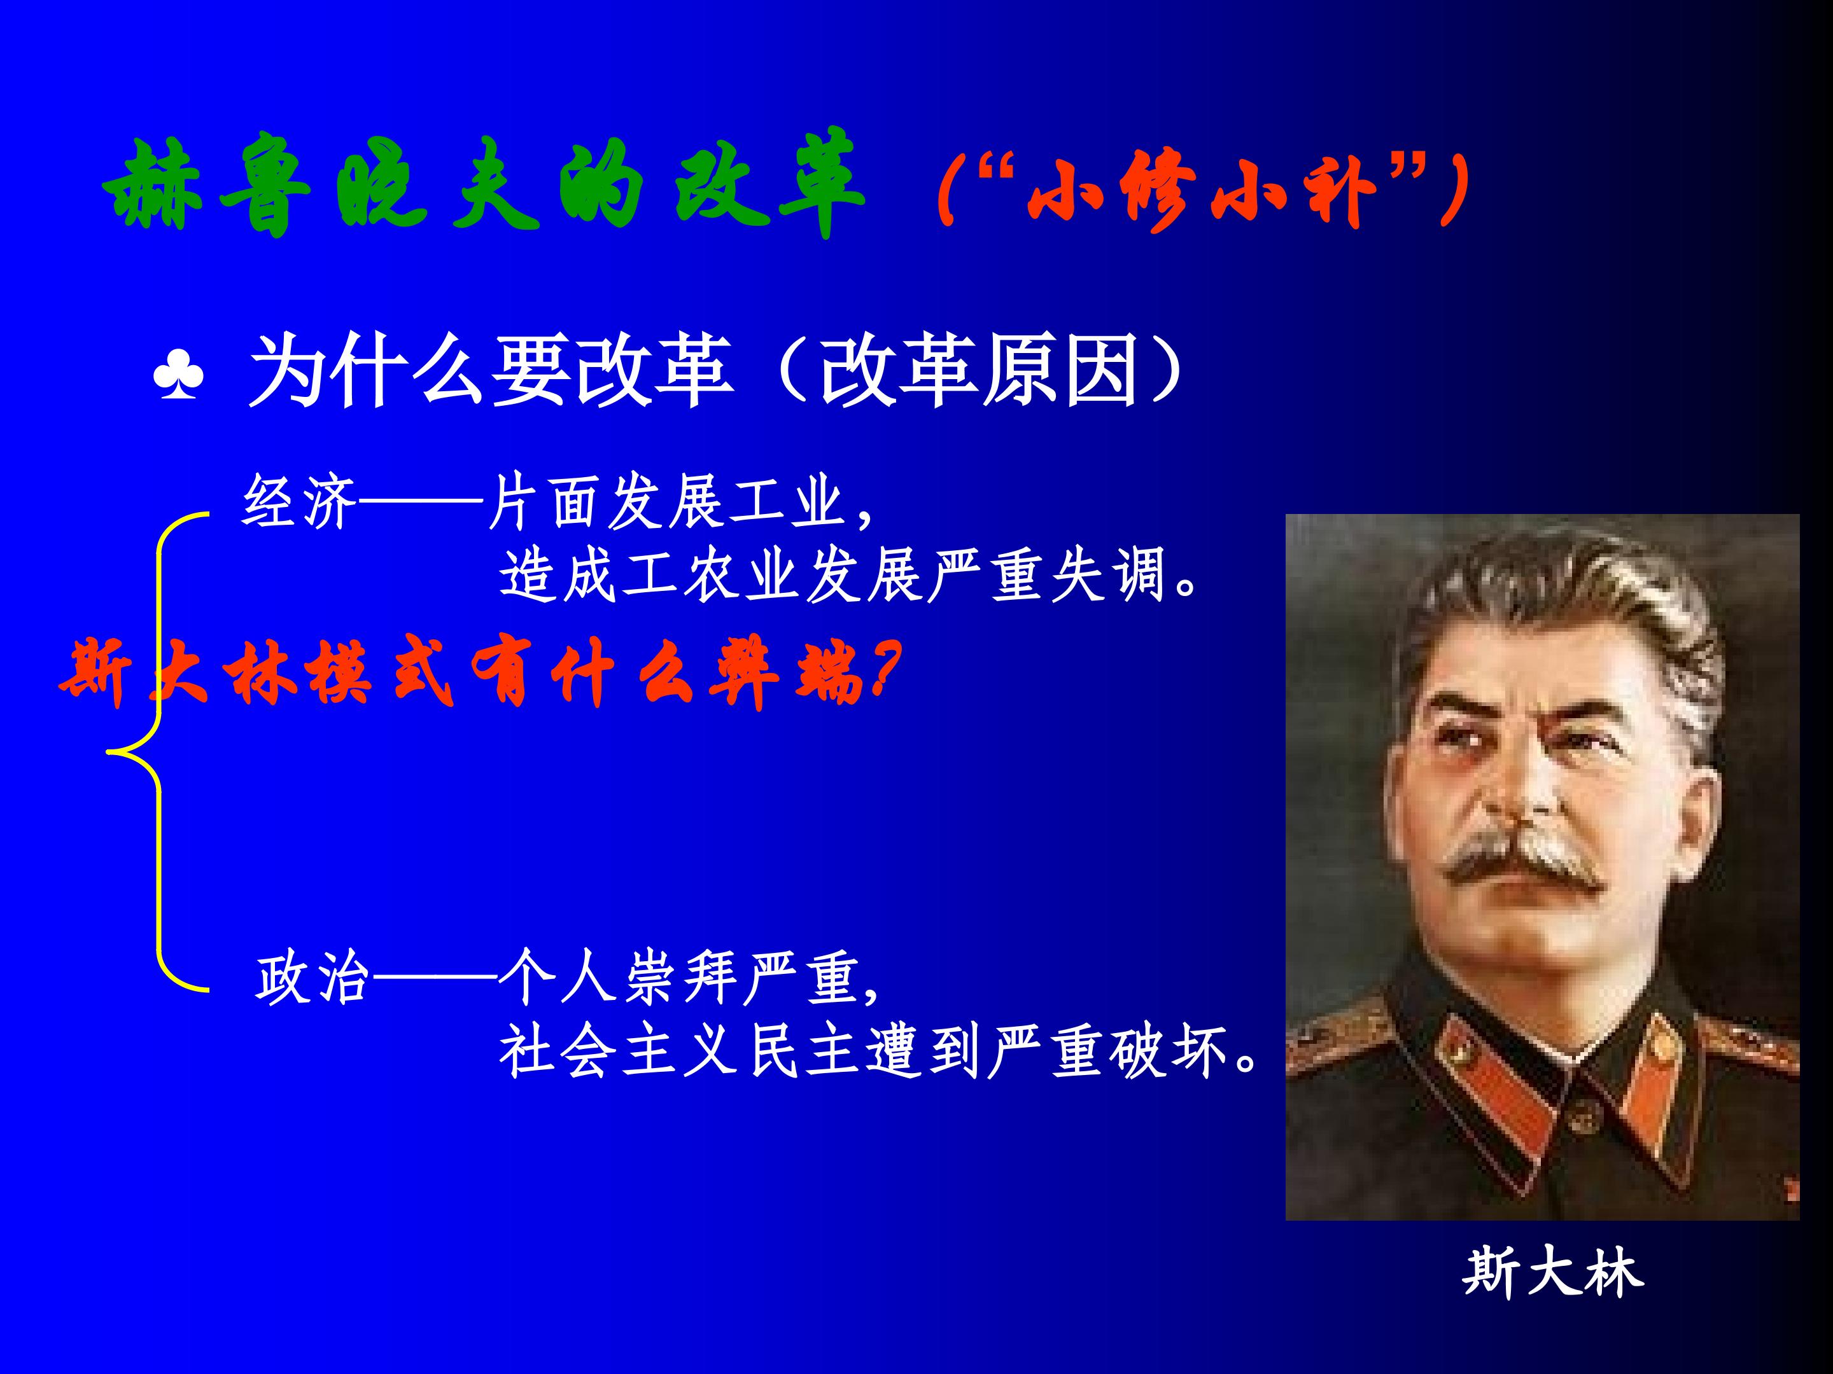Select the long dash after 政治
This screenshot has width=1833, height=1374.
[x=435, y=980]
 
